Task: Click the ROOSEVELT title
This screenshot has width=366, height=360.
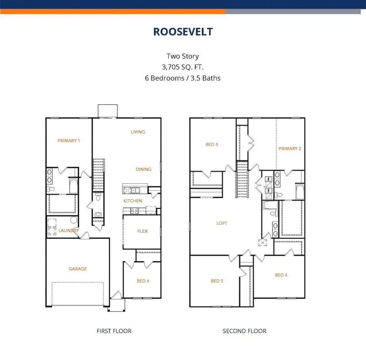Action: click(x=183, y=32)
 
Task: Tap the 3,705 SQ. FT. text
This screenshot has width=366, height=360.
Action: click(x=183, y=67)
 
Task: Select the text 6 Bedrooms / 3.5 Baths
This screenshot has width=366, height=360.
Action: click(x=183, y=78)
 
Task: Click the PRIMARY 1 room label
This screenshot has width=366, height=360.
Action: click(x=68, y=141)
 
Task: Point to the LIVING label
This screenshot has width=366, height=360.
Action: click(x=137, y=132)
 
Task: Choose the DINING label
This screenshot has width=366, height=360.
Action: click(x=144, y=169)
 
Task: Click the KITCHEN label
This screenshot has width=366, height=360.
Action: click(x=133, y=201)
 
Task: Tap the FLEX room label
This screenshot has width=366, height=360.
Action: click(x=142, y=231)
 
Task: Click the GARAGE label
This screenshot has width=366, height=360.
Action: click(x=77, y=269)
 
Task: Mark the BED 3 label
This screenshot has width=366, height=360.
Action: click(x=212, y=144)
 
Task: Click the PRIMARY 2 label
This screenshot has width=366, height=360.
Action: click(x=290, y=149)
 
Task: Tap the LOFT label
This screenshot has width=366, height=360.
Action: click(x=222, y=223)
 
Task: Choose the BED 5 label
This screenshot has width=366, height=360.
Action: click(x=217, y=281)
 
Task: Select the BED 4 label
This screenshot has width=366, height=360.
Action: click(x=281, y=275)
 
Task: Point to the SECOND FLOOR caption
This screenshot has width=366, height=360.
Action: click(x=244, y=331)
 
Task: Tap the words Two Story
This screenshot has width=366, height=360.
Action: click(x=183, y=56)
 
